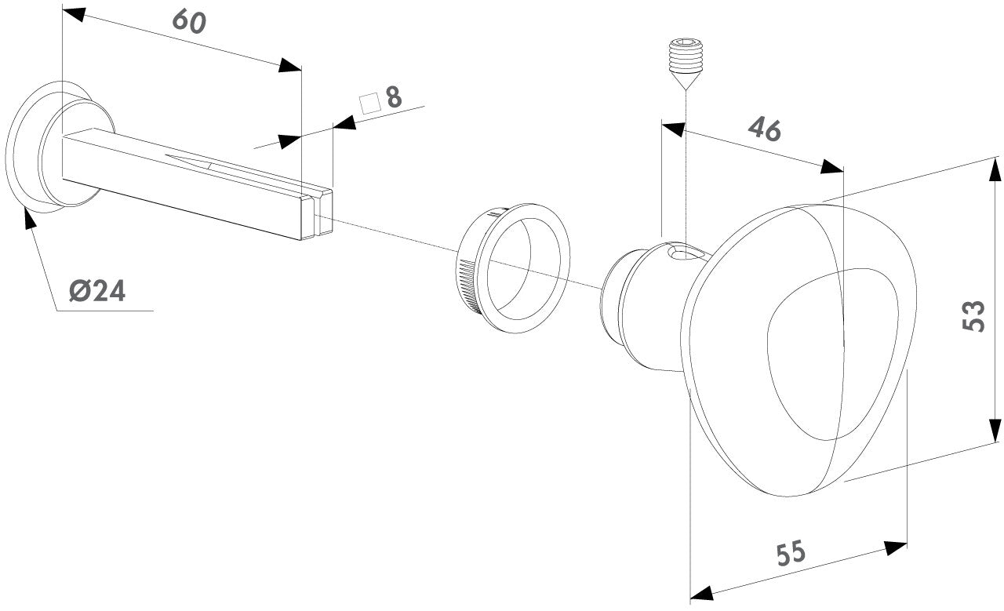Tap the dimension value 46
[x=764, y=129]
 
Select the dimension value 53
[x=973, y=315]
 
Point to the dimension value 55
[x=791, y=555]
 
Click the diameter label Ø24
[x=97, y=292]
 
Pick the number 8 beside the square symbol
[x=393, y=97]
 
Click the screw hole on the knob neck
[x=684, y=253]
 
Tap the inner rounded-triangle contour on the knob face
[x=816, y=353]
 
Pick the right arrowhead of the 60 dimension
[x=290, y=66]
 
